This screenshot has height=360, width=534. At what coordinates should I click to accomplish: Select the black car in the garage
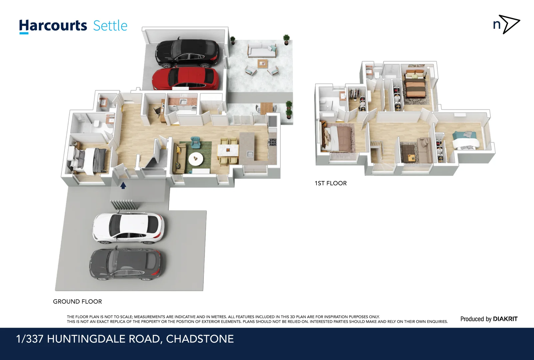pyautogui.click(x=188, y=53)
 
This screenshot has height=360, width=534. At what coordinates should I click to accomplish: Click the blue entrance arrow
pyautogui.click(x=123, y=185)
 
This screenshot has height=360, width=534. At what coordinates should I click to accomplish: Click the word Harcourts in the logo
pyautogui.click(x=53, y=26)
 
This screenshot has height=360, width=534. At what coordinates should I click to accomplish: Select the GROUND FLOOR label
pyautogui.click(x=77, y=301)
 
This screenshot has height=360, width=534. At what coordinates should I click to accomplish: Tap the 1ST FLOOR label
pyautogui.click(x=330, y=183)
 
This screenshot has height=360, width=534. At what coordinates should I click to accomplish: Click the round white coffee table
pyautogui.click(x=196, y=159)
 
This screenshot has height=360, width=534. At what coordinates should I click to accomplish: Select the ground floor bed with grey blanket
pyautogui.click(x=90, y=160)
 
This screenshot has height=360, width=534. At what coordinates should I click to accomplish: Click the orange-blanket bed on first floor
pyautogui.click(x=415, y=87)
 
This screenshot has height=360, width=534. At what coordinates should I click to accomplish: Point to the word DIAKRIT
pyautogui.click(x=505, y=319)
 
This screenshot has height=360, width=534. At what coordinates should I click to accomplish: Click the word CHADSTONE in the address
pyautogui.click(x=200, y=339)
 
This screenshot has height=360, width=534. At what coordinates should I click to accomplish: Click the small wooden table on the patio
pyautogui.click(x=263, y=63)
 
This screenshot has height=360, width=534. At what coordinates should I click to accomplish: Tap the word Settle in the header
pyautogui.click(x=110, y=26)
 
